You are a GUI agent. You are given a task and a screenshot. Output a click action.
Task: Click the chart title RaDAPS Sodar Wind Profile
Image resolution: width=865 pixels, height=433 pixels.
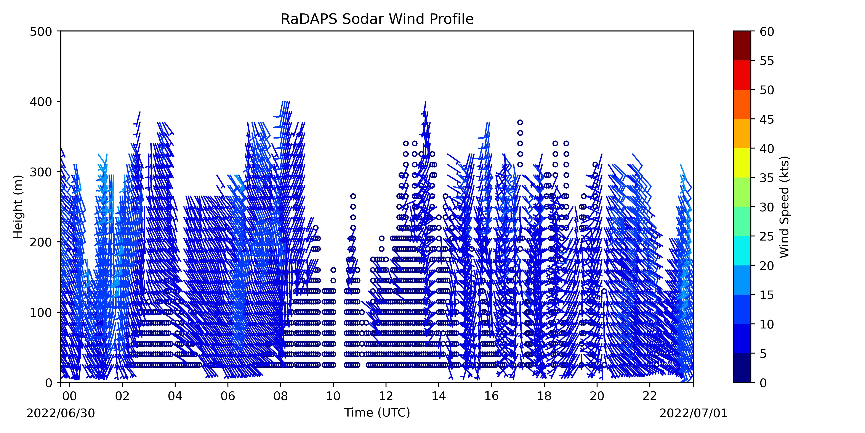coord(377,19)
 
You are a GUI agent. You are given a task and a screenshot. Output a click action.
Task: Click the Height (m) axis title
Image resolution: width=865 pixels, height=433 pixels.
coord(18,207)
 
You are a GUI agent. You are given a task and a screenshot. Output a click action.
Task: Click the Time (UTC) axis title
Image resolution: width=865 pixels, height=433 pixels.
coord(377,412)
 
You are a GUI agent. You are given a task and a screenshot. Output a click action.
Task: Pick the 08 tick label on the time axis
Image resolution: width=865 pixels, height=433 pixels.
coord(281,396)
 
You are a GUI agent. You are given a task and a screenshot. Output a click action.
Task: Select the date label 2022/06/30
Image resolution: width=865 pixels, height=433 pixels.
coord(61,413)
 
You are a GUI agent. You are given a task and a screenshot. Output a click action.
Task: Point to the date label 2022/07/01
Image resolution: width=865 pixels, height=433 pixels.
coord(694,413)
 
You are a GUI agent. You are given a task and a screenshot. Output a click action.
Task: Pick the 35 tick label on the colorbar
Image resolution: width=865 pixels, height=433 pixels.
coord(767,178)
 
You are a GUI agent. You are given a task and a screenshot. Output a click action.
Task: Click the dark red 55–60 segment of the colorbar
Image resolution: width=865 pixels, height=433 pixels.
coord(742,46)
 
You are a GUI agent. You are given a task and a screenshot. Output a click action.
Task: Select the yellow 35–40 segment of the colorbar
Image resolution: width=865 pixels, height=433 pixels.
coord(742,163)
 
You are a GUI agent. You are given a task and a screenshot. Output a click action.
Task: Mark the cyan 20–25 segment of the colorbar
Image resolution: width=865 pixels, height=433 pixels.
coord(742,251)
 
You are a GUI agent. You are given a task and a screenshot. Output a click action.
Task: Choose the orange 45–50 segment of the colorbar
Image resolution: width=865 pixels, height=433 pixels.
coord(742,104)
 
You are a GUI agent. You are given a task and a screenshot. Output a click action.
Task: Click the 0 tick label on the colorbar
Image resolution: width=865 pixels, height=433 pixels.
coord(763,383)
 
